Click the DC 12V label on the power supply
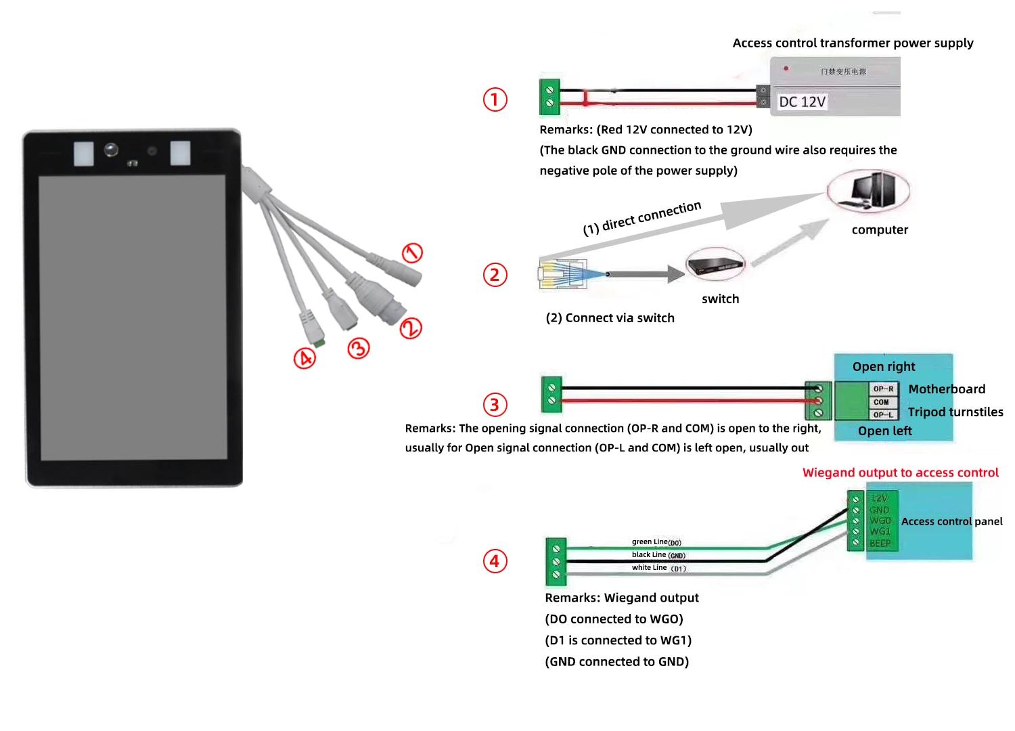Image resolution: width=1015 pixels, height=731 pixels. pyautogui.click(x=802, y=102)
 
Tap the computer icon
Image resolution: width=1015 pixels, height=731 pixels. pyautogui.click(x=868, y=190)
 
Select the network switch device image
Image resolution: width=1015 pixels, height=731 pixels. pyautogui.click(x=715, y=265)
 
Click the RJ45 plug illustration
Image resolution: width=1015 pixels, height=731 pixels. pyautogui.click(x=562, y=274)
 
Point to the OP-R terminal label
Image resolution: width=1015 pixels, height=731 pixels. pyautogui.click(x=883, y=389)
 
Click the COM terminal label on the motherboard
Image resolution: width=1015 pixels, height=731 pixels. pyautogui.click(x=881, y=402)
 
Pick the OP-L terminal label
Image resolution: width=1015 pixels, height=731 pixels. pyautogui.click(x=883, y=414)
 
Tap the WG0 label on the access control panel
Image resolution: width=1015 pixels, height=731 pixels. pyautogui.click(x=880, y=520)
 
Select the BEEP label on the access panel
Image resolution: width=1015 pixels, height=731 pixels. pyautogui.click(x=880, y=544)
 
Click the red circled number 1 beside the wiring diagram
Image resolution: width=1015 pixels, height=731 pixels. pyautogui.click(x=495, y=99)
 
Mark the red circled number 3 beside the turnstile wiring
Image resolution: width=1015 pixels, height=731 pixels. pyautogui.click(x=495, y=405)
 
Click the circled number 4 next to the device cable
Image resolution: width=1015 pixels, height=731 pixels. pyautogui.click(x=304, y=358)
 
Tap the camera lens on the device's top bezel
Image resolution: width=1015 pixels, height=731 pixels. pyautogui.click(x=111, y=150)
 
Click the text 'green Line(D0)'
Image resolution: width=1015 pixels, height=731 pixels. pyautogui.click(x=656, y=542)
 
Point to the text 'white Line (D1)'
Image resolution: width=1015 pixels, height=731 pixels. pyautogui.click(x=659, y=568)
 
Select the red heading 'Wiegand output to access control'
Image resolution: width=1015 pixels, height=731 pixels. pyautogui.click(x=900, y=472)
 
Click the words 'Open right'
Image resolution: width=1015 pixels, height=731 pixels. pyautogui.click(x=883, y=367)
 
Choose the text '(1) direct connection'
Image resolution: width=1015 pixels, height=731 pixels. pyautogui.click(x=642, y=218)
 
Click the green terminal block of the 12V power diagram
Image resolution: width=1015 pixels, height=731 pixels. pyautogui.click(x=549, y=97)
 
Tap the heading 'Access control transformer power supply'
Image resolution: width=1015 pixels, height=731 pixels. pyautogui.click(x=853, y=43)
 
